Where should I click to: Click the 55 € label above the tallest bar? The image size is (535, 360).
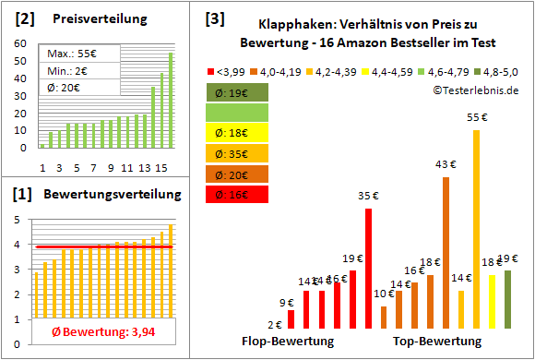pyautogui.click(x=477, y=117)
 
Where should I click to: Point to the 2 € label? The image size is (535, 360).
pyautogui.click(x=275, y=324)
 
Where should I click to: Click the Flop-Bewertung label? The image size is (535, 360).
pyautogui.click(x=287, y=342)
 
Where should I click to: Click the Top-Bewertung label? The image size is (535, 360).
pyautogui.click(x=437, y=342)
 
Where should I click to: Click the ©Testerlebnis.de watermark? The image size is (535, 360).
pyautogui.click(x=474, y=90)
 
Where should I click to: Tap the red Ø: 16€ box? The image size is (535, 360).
pyautogui.click(x=238, y=195)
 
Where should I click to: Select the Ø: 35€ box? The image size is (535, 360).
pyautogui.click(x=238, y=154)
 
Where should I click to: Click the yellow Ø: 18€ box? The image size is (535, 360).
pyautogui.click(x=238, y=134)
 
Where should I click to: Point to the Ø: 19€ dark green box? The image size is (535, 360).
pyautogui.click(x=238, y=92)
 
